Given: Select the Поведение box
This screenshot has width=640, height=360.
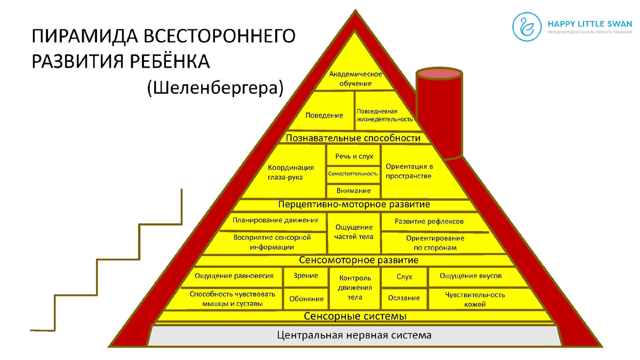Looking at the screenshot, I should tap(324, 114).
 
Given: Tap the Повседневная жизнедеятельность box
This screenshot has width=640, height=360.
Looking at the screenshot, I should tap(385, 115).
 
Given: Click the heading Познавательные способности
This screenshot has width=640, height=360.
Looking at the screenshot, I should tap(353, 138).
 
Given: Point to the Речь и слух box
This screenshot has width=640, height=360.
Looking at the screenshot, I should tap(353, 157).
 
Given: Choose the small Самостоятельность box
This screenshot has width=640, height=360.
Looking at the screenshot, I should tap(353, 174).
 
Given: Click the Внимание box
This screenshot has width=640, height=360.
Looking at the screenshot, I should tap(353, 190).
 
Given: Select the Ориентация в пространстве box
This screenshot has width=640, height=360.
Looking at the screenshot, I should tap(409, 171).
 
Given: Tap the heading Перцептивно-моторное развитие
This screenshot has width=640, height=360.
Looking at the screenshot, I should tap(354, 205).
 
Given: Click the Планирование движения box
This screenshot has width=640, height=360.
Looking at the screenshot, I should tap(276, 220).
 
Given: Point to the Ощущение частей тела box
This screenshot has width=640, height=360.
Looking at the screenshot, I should tap(354, 233).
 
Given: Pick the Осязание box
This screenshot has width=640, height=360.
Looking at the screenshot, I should tap(404, 298).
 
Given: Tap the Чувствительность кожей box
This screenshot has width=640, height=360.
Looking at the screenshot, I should tap(475, 299).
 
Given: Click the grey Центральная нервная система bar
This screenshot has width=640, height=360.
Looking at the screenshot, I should tap(354, 335).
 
